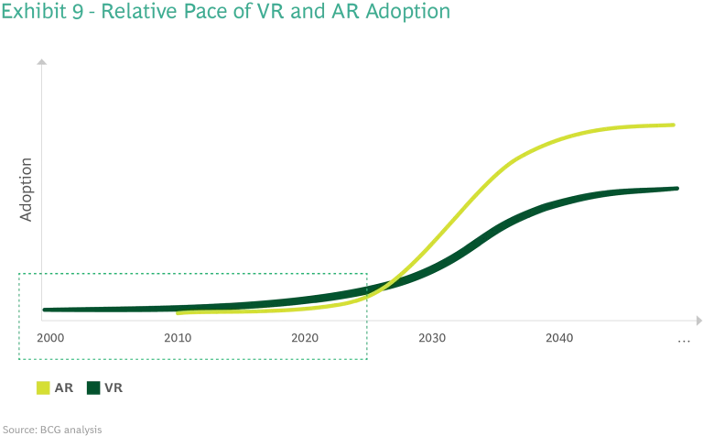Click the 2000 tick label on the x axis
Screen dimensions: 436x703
(51, 337)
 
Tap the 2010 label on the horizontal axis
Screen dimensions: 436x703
(178, 337)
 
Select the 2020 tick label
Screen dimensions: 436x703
(305, 337)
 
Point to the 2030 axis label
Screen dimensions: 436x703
(432, 337)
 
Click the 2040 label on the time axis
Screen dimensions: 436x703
(559, 337)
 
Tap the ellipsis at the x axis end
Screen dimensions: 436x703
(685, 340)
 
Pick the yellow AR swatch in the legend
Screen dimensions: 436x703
(41, 388)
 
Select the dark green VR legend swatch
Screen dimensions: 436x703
(92, 388)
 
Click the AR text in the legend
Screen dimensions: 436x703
(63, 388)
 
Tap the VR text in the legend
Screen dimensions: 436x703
(114, 388)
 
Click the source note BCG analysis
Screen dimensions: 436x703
(51, 429)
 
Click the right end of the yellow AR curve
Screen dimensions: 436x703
(675, 125)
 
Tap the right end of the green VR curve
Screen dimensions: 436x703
(677, 189)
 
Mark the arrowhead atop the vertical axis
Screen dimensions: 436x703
(39, 61)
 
